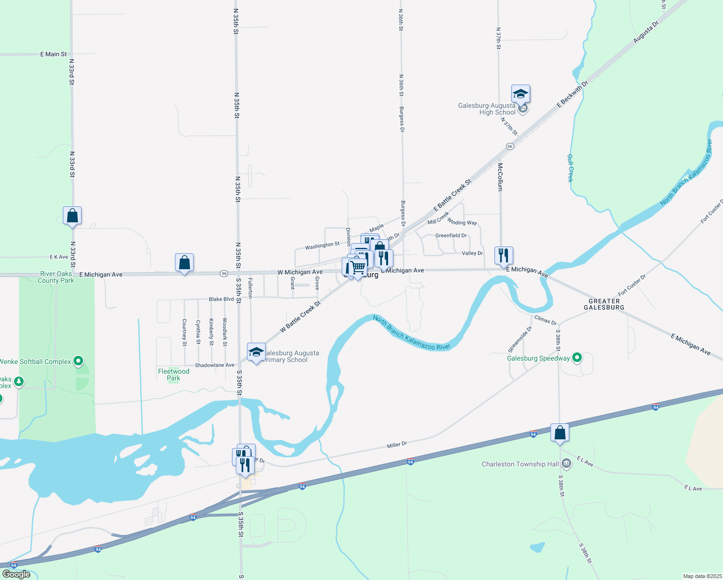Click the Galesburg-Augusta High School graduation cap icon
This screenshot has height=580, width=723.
pyautogui.click(x=521, y=94)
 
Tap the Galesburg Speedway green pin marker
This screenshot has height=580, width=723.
pyautogui.click(x=577, y=358)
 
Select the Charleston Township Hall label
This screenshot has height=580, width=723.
pyautogui.click(x=520, y=464)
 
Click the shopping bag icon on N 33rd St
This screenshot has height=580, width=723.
pyautogui.click(x=72, y=216)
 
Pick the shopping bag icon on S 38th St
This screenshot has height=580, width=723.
pyautogui.click(x=560, y=433)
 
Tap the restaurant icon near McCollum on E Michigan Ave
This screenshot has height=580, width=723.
pyautogui.click(x=504, y=256)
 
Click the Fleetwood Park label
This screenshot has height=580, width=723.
pyautogui.click(x=174, y=375)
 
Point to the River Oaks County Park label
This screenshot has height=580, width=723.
pyautogui.click(x=56, y=277)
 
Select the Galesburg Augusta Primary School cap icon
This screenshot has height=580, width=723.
pyautogui.click(x=256, y=352)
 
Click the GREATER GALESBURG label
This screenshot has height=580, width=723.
pyautogui.click(x=604, y=304)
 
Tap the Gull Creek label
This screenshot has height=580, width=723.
pyautogui.click(x=570, y=168)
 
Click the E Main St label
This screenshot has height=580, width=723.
pyautogui.click(x=53, y=54)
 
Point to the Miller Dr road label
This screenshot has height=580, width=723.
pyautogui.click(x=397, y=444)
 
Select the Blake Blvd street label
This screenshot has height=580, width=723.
pyautogui.click(x=221, y=299)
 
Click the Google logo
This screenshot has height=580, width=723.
pyautogui.click(x=16, y=574)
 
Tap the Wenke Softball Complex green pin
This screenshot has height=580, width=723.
pyautogui.click(x=78, y=361)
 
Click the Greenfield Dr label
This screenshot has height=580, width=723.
pyautogui.click(x=451, y=235)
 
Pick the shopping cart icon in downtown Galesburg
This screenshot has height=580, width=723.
pyautogui.click(x=358, y=267)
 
